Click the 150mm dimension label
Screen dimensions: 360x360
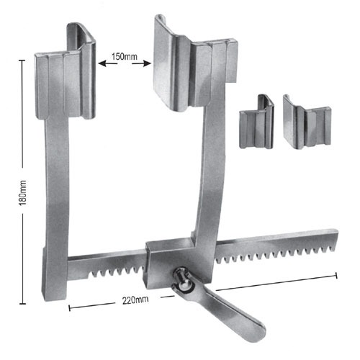(x=125, y=55)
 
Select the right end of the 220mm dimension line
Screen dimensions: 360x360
(x=337, y=274)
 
